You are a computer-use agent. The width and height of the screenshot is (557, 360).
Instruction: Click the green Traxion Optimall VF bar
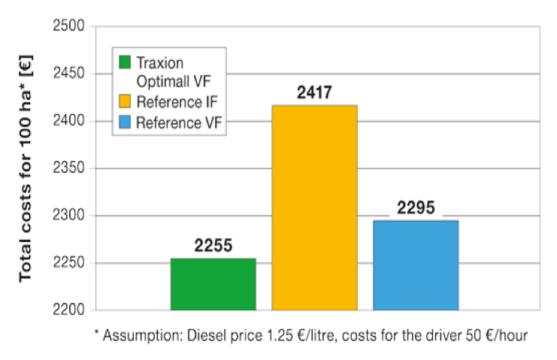pyautogui.click(x=213, y=284)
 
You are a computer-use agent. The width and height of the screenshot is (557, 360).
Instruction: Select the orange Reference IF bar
pyautogui.click(x=314, y=207)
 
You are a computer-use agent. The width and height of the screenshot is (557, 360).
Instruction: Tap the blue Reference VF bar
pyautogui.click(x=416, y=265)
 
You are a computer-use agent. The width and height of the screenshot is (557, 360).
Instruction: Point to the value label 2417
pyautogui.click(x=314, y=94)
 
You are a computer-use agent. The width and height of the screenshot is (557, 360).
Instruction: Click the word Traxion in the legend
pyautogui.click(x=159, y=62)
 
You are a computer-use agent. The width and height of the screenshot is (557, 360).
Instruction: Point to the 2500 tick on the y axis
pyautogui.click(x=70, y=27)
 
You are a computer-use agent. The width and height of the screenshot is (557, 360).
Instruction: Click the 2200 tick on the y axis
pyautogui.click(x=70, y=310)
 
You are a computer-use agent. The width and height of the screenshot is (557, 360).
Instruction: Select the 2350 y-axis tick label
pyautogui.click(x=70, y=168)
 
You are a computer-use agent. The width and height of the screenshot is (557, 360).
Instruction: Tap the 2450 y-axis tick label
pyautogui.click(x=70, y=74)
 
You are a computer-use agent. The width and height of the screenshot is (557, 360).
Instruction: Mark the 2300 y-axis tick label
pyautogui.click(x=70, y=216)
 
